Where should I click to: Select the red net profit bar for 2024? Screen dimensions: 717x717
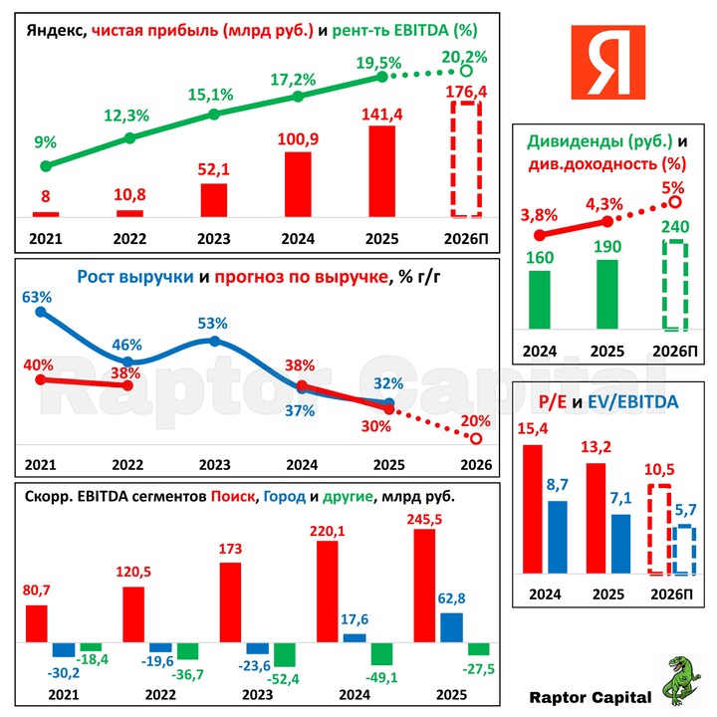[x=298, y=184]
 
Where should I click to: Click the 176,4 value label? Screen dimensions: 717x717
[x=467, y=91]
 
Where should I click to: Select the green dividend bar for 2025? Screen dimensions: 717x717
[x=606, y=300]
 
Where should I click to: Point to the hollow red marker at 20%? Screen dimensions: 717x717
[x=475, y=438]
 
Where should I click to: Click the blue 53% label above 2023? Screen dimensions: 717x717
[x=213, y=324]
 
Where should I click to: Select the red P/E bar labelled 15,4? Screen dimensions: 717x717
[x=534, y=509]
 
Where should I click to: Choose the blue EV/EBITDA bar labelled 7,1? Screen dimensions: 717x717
[x=620, y=544]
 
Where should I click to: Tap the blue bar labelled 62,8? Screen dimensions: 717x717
[x=451, y=627]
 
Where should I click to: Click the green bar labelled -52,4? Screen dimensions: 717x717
[x=286, y=654]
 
